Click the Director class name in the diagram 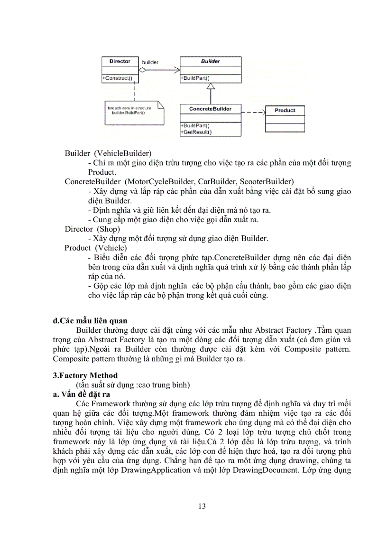(120, 61)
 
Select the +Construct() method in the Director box (117, 78)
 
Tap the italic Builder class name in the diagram (210, 61)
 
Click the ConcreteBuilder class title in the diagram (210, 109)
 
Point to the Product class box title (285, 110)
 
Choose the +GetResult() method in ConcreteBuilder (196, 132)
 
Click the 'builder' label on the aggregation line (150, 62)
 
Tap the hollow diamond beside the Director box (142, 69)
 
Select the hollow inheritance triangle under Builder (211, 86)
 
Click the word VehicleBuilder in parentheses (122, 153)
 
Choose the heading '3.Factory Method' (85, 375)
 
